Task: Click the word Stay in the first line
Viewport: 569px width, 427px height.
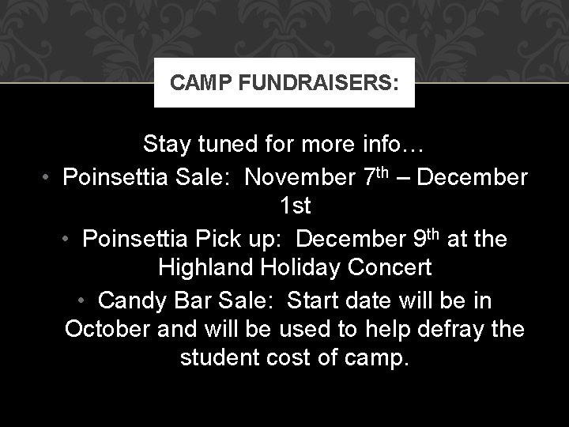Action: pyautogui.click(x=168, y=145)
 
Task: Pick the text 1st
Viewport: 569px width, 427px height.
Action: pyautogui.click(x=296, y=206)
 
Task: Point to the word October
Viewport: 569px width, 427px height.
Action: pyautogui.click(x=105, y=328)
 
